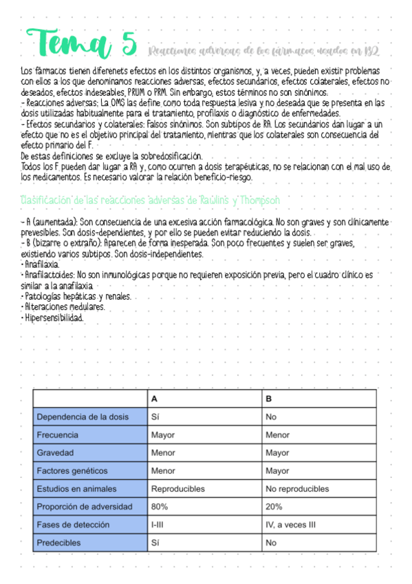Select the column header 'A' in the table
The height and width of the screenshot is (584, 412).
click(155, 399)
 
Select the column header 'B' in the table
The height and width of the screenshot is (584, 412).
click(269, 399)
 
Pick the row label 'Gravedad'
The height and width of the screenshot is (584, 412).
click(54, 452)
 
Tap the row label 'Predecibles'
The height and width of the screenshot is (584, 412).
click(58, 543)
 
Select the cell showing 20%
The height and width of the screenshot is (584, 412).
click(274, 507)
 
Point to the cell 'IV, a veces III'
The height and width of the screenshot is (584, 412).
click(290, 525)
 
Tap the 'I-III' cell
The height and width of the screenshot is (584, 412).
click(161, 525)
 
